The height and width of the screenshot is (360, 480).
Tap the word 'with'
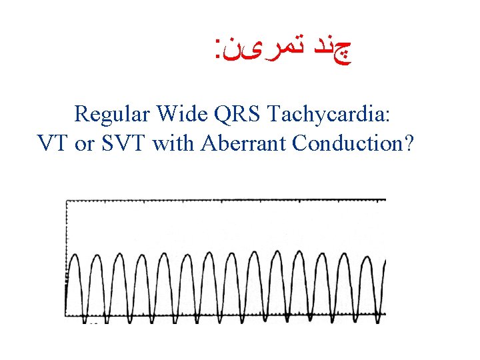[171, 143]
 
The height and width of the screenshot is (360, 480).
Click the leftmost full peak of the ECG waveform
[76, 255]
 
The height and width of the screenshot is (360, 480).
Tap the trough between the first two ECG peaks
[87, 313]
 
